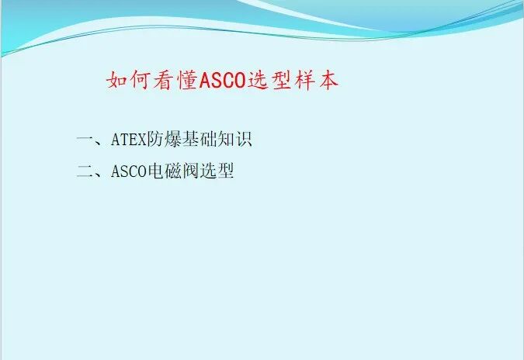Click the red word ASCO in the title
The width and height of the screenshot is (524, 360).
tap(223, 81)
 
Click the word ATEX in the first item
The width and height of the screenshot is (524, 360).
tap(128, 140)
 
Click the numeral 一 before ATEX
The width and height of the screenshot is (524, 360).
tap(85, 140)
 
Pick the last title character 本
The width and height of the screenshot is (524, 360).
tap(328, 81)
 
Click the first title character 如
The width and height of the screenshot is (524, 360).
tap(116, 81)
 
